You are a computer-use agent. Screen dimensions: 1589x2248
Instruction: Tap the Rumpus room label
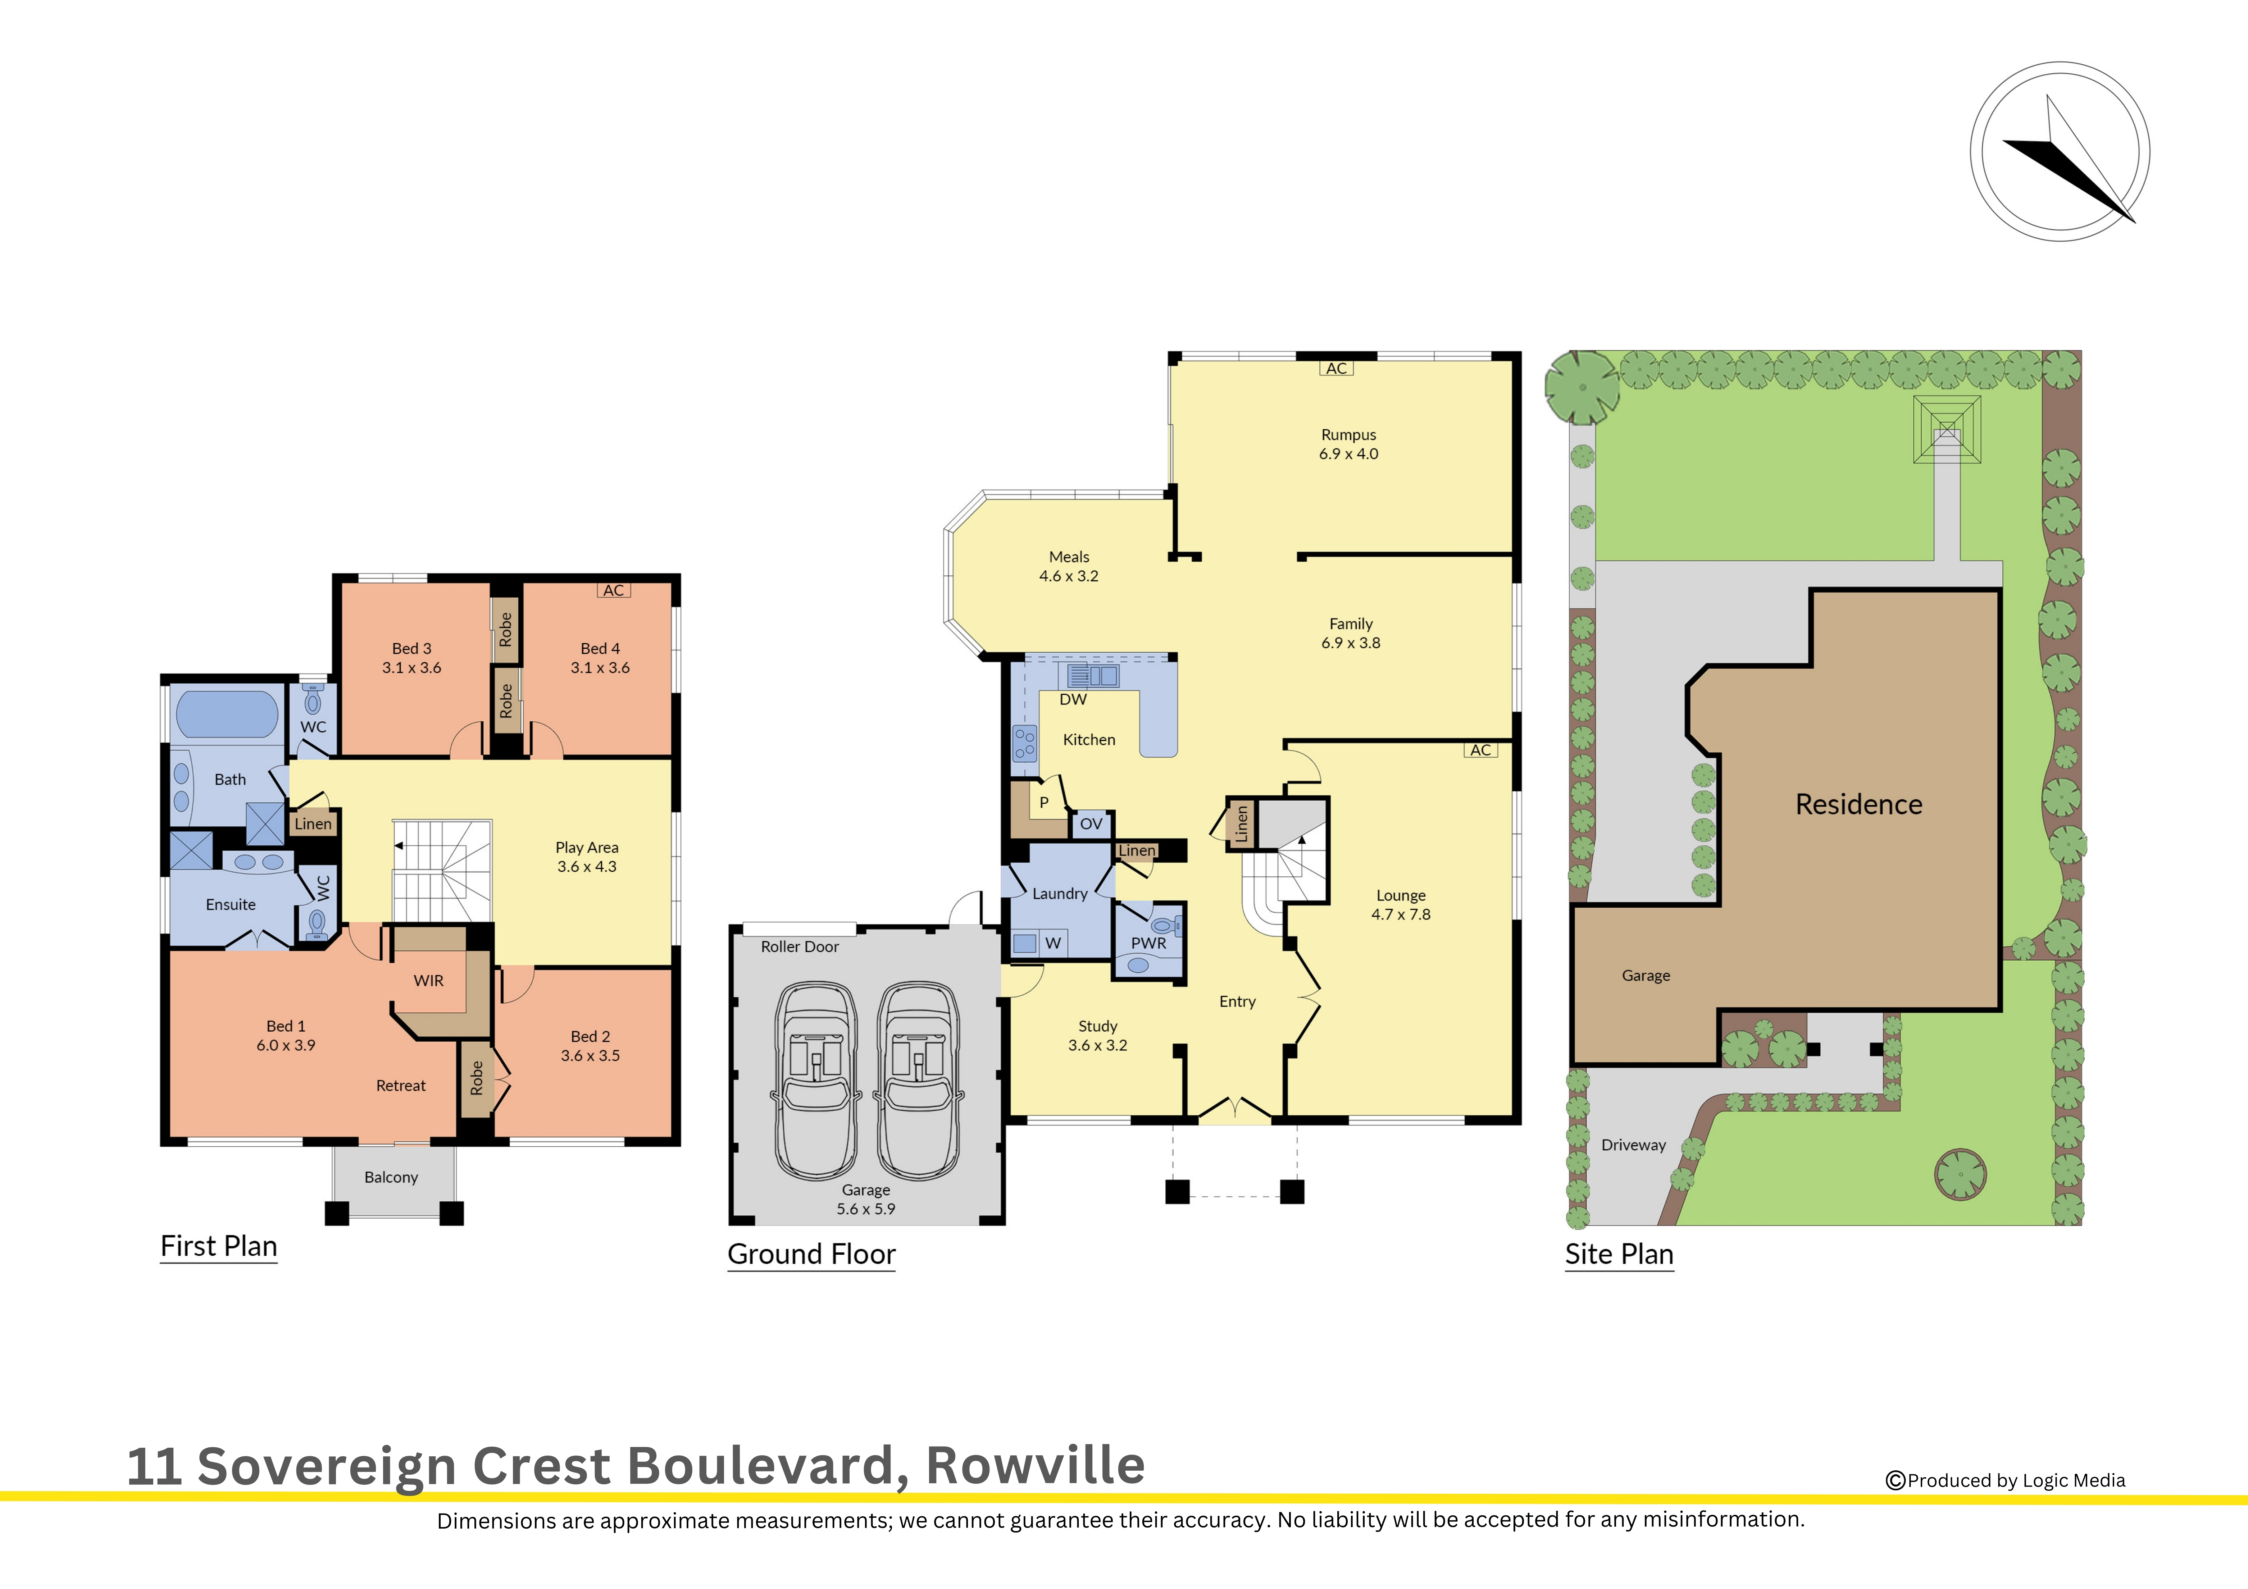click(x=1348, y=435)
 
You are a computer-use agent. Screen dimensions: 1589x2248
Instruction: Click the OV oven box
click(x=1091, y=825)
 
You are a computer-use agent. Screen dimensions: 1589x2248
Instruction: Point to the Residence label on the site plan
click(x=1858, y=805)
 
